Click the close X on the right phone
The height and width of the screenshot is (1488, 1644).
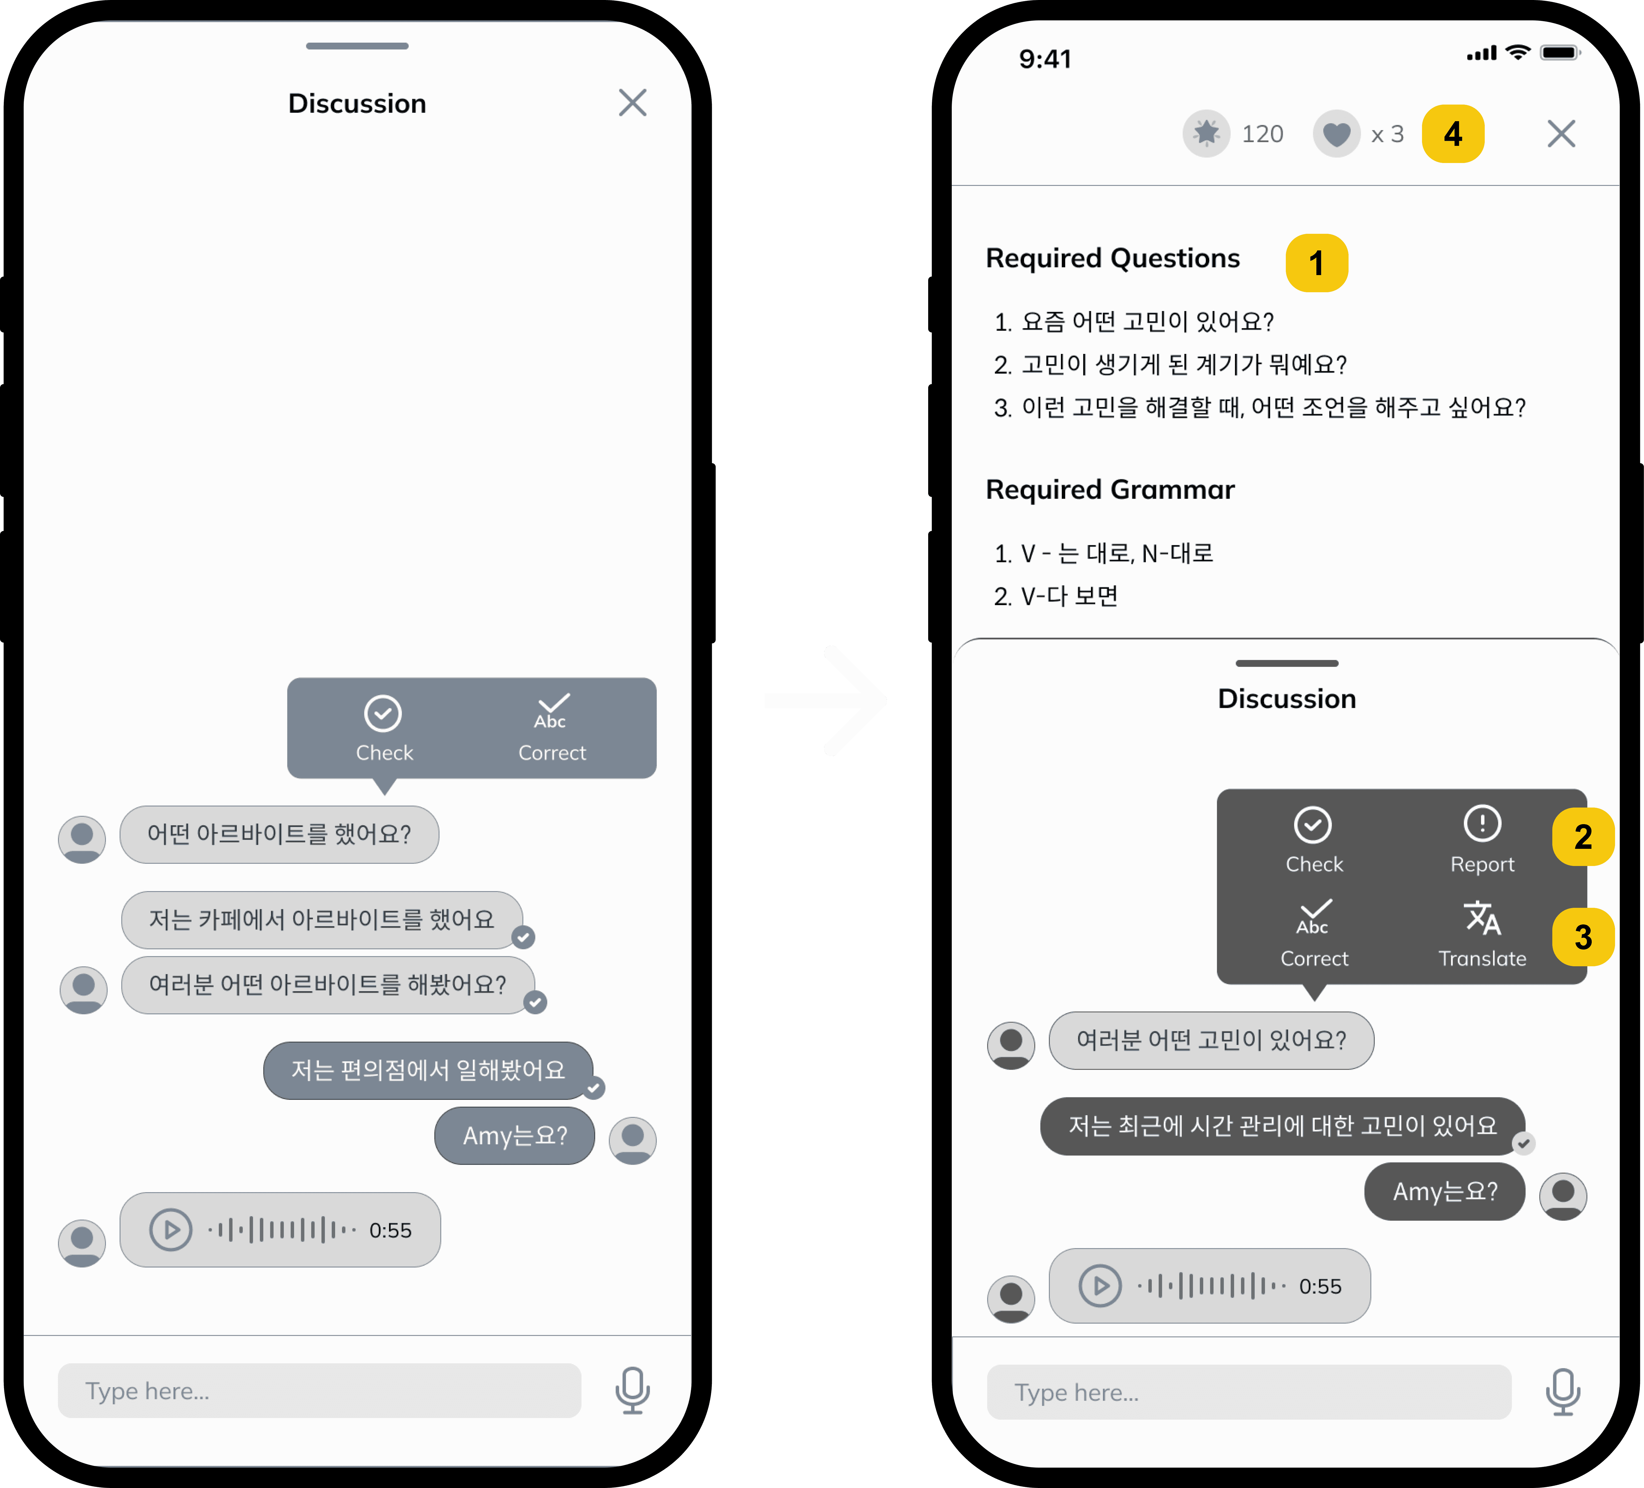coord(1561,134)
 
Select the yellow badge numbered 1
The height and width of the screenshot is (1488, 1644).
coord(1316,262)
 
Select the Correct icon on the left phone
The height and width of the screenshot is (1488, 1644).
coord(551,711)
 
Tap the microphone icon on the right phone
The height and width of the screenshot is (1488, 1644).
coord(1562,1392)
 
